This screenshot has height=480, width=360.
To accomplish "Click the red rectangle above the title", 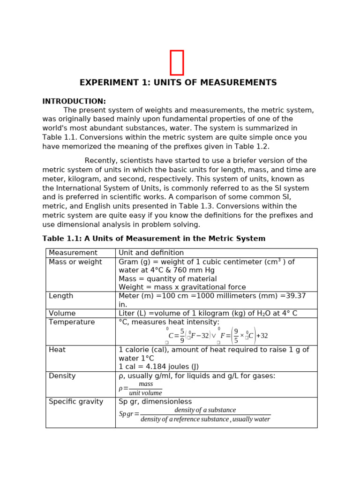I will [177, 62].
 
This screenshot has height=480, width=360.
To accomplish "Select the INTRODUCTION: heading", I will [74, 101].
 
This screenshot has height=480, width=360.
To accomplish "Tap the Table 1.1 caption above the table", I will [154, 239].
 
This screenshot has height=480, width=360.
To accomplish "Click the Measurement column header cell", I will [73, 253].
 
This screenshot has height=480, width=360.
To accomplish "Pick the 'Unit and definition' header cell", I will [151, 253].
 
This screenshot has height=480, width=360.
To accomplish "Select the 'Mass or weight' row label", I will [75, 262].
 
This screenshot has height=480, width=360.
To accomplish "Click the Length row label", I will [61, 296].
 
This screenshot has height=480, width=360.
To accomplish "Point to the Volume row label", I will [62, 313].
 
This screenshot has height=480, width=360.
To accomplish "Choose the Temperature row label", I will [72, 322].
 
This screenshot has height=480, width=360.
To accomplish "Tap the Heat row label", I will [57, 350].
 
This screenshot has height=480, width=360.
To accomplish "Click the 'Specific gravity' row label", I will [76, 402].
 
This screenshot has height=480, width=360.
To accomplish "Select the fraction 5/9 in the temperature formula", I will [182, 336].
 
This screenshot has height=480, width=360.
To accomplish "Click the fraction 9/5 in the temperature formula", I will [236, 336].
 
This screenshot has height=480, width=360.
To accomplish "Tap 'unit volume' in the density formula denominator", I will [145, 393].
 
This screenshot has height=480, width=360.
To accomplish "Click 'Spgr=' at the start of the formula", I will [129, 414].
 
